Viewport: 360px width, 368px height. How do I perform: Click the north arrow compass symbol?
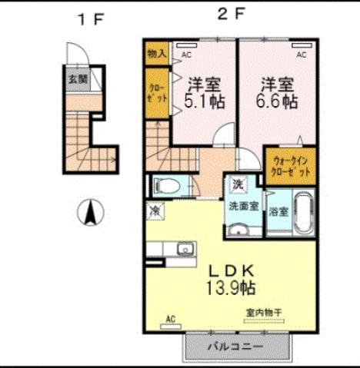click(91, 211)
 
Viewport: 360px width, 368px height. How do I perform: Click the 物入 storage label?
click(156, 54)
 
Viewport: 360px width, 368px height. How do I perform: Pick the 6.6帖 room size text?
click(278, 100)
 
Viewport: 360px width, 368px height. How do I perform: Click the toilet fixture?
click(166, 186)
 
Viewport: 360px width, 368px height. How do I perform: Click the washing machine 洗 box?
click(238, 184)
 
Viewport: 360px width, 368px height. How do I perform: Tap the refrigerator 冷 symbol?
click(155, 208)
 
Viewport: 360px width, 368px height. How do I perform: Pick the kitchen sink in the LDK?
click(185, 249)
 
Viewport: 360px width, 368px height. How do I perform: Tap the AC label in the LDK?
click(171, 318)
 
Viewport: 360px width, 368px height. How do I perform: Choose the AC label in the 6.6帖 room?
click(302, 55)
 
